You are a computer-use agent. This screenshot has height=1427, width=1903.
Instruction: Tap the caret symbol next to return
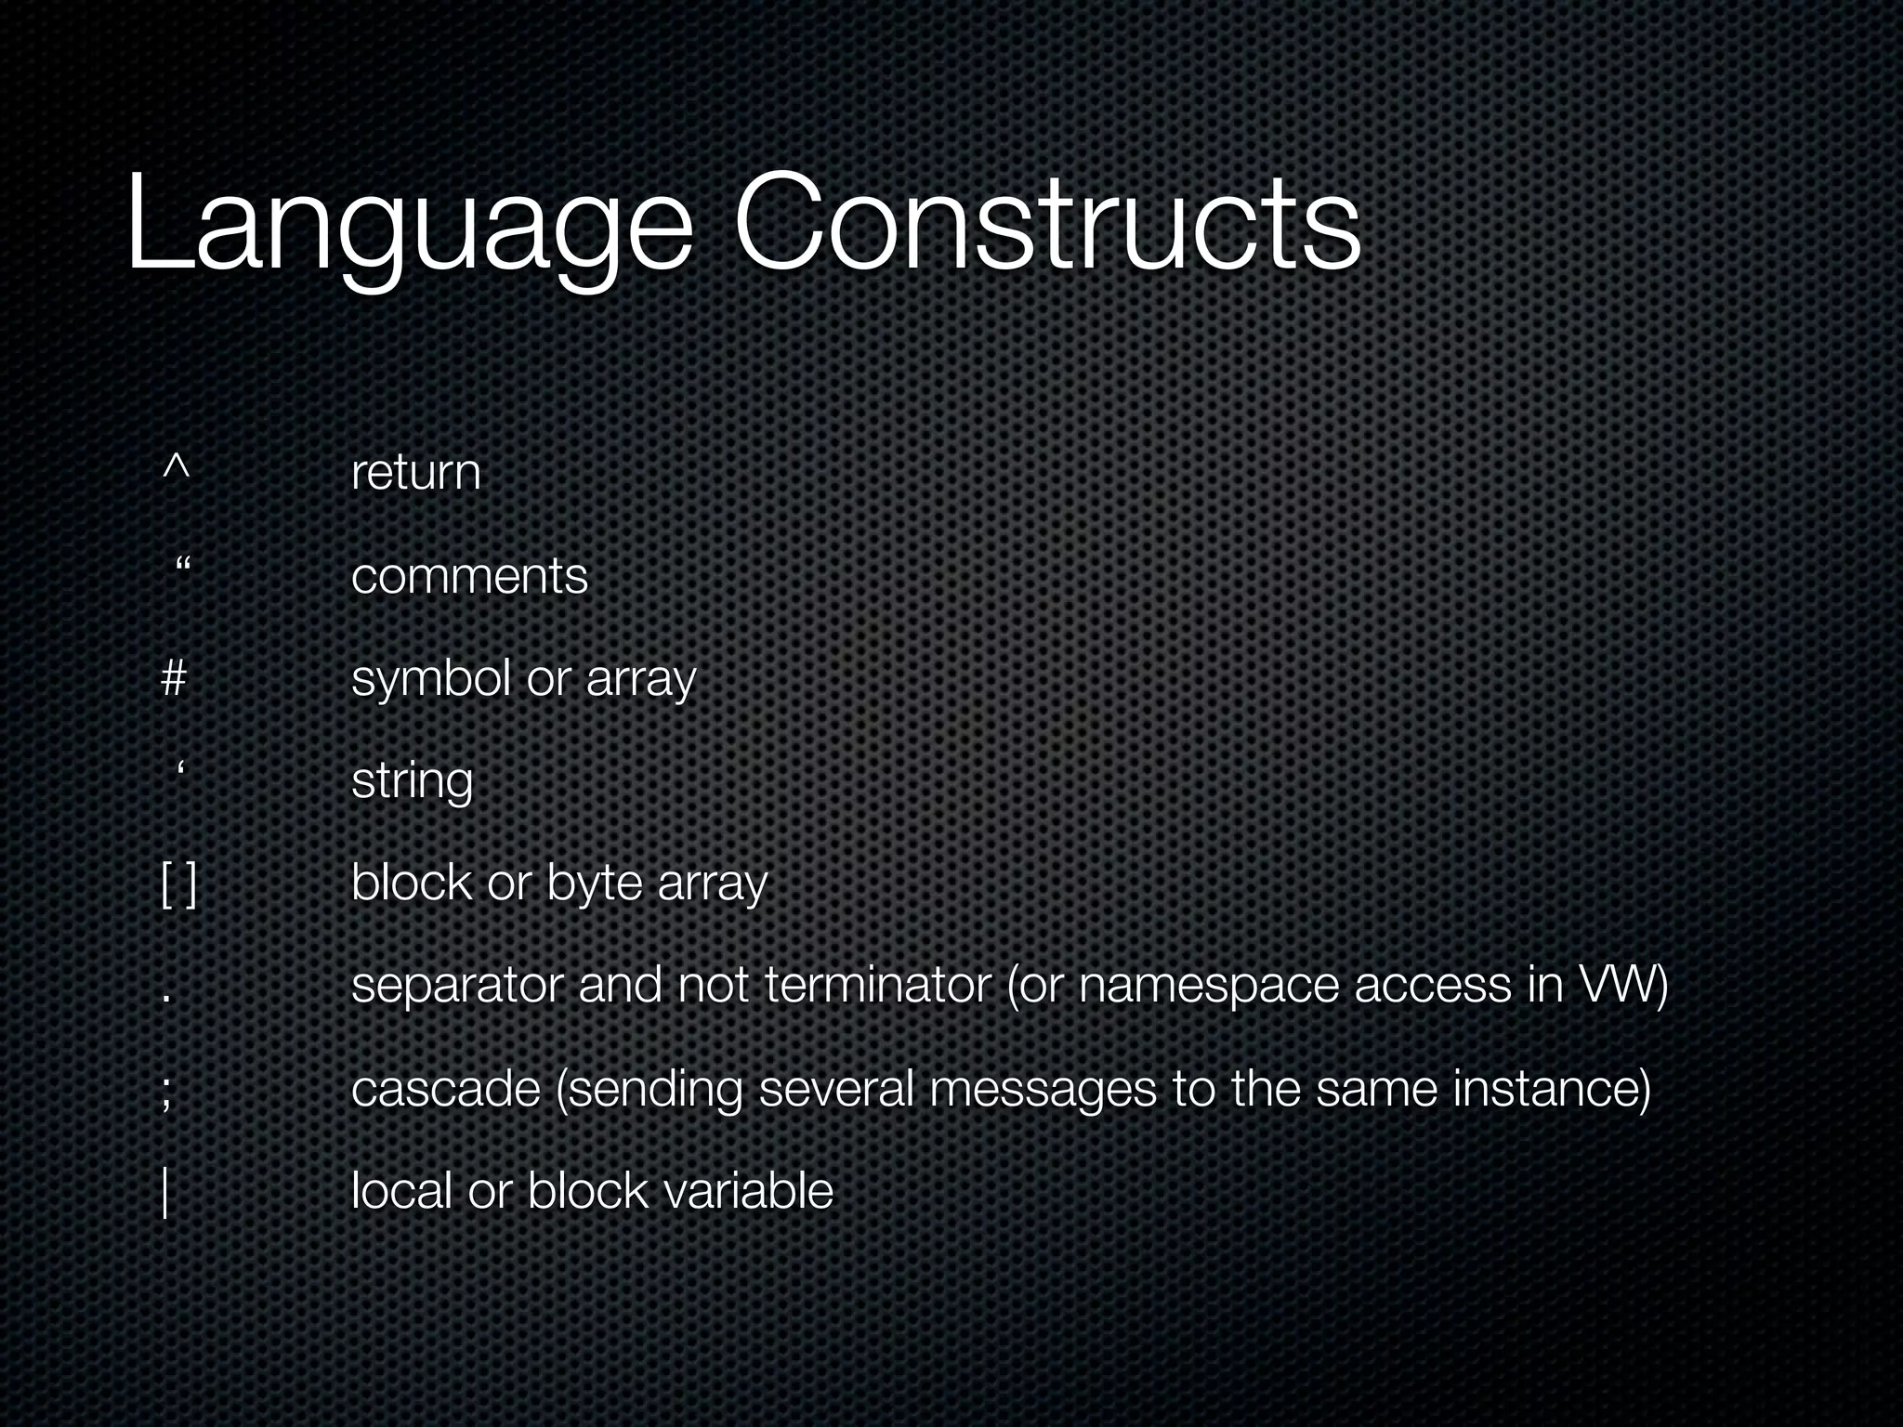(176, 467)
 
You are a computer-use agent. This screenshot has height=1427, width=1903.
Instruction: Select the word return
(415, 472)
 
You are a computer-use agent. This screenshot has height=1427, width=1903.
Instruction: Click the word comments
(469, 576)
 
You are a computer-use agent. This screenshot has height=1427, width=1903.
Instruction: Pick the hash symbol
(174, 677)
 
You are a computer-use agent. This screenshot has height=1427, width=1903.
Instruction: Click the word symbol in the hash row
(431, 679)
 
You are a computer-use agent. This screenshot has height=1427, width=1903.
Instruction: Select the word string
(412, 780)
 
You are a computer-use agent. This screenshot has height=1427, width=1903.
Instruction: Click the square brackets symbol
(178, 884)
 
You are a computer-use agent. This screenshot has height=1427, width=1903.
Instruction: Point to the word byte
(594, 884)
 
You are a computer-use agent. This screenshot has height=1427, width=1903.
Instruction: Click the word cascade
(446, 1088)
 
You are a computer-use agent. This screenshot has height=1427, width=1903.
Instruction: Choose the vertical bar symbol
(165, 1192)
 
